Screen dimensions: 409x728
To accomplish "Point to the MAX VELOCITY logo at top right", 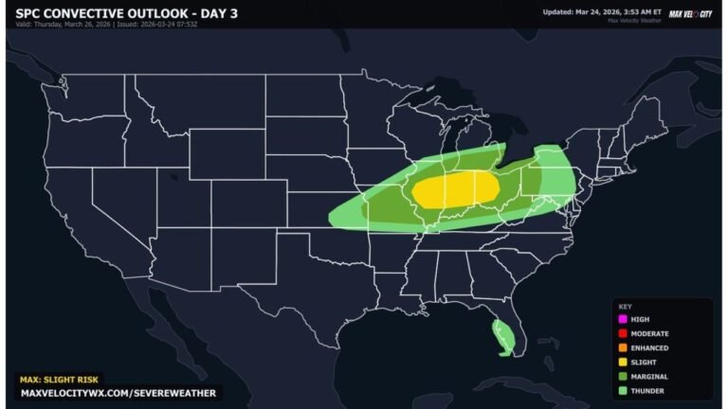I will click(x=689, y=13).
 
